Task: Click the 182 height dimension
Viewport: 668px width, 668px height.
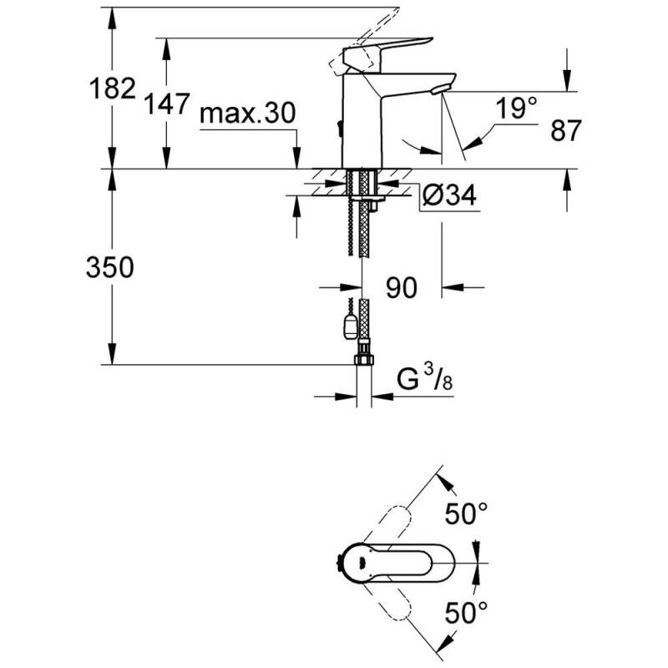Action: pos(113,89)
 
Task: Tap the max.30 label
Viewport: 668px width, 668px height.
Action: pos(247,114)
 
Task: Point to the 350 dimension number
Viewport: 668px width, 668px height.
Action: pos(110,267)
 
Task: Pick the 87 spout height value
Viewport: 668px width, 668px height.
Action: pos(566,130)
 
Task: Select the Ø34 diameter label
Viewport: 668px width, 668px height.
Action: pos(449,195)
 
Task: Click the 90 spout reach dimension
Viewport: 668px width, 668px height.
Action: pos(402,287)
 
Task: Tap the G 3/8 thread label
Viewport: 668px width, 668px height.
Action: pos(425,379)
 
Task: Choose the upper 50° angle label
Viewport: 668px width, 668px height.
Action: pos(466,513)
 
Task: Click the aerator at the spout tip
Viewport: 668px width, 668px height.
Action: pos(440,89)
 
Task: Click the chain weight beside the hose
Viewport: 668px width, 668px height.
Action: pos(350,326)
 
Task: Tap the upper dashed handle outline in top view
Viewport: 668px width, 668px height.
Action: pos(388,527)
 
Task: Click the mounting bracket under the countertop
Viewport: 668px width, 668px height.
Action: pos(367,199)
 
